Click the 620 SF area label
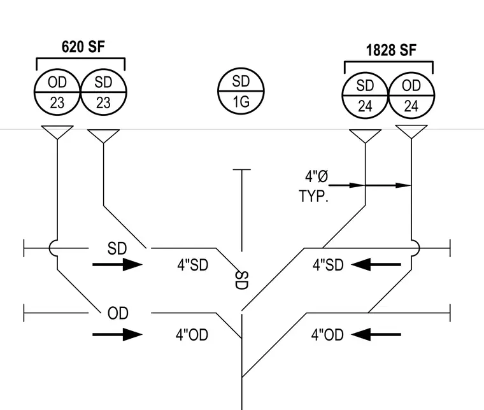tap(83, 47)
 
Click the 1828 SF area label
tap(391, 50)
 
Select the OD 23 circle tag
tap(57, 92)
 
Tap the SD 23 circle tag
tap(103, 92)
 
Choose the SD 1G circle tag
tap(241, 91)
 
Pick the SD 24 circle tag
tap(365, 95)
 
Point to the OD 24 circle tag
tap(411, 95)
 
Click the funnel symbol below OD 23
tap(57, 132)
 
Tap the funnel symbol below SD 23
tap(103, 136)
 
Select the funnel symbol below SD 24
tap(365, 136)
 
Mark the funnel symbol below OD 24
tap(411, 132)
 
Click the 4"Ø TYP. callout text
tap(313, 186)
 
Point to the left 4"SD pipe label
tap(193, 265)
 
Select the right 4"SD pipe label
tap(328, 265)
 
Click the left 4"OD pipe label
tap(192, 335)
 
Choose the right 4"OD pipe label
tap(327, 335)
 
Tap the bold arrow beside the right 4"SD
tap(376, 264)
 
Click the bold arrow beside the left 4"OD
tap(118, 334)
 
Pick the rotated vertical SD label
tap(242, 280)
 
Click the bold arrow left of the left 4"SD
tap(118, 264)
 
